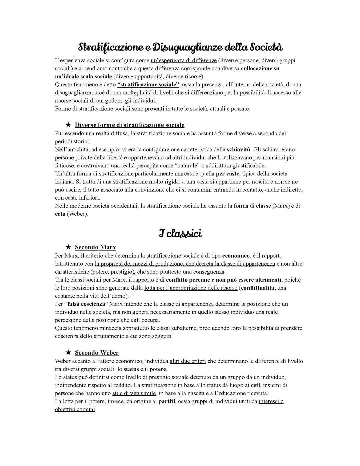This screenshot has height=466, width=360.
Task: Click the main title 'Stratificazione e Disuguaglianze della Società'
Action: coord(180,47)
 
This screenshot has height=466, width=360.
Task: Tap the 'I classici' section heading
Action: coord(180,234)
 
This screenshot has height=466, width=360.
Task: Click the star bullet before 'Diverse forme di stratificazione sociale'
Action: coord(68,125)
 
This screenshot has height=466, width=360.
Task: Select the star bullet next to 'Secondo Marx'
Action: coord(68,247)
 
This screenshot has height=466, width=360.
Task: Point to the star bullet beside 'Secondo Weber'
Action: coord(68,352)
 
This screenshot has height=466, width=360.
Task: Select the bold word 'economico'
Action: coord(236,256)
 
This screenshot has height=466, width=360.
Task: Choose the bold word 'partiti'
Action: coord(167,401)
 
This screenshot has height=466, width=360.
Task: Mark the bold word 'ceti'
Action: coord(255,385)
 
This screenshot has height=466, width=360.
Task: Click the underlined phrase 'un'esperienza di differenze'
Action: coord(184,61)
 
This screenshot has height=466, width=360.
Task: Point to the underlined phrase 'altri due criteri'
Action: coord(188,361)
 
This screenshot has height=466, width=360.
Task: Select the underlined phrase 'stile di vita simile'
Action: coord(134,393)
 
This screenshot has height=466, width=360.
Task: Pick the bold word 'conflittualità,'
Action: coord(258,288)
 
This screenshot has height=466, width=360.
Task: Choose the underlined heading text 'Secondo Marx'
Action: coord(95,247)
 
